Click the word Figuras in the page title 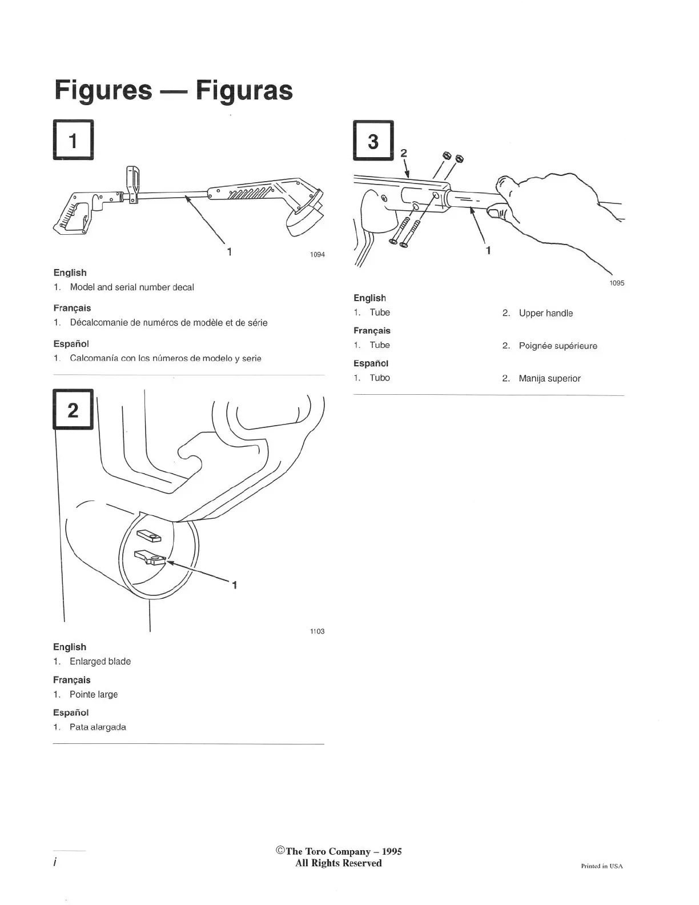pos(244,90)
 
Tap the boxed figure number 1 pos(73,140)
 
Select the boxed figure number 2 pos(73,409)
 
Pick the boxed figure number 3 pos(373,140)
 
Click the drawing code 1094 pos(317,255)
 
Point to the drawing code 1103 pos(317,631)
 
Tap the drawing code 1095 pos(617,283)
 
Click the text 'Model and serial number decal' pos(131,287)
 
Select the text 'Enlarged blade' pos(100,662)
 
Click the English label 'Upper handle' pos(545,313)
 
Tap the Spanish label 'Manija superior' pos(549,378)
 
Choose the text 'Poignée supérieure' pos(557,346)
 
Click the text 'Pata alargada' pos(98,727)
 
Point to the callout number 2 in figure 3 pos(404,153)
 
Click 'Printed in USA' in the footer pos(601,866)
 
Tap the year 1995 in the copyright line pos(391,851)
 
